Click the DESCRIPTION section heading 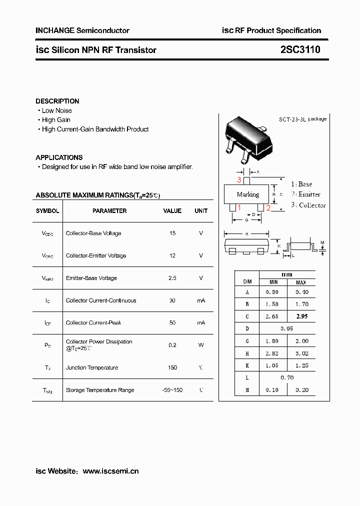click(57, 101)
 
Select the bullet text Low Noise click(56, 110)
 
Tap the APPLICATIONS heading click(59, 157)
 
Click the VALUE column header click(172, 211)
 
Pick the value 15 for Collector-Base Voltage click(172, 233)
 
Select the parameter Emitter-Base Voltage click(91, 278)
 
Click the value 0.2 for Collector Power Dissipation click(172, 345)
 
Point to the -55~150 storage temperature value click(172, 390)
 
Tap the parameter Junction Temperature click(92, 367)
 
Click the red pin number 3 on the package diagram click(239, 180)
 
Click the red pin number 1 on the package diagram click(239, 208)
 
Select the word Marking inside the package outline click(248, 194)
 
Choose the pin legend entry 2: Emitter click(305, 194)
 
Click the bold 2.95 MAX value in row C click(301, 316)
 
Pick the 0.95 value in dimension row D click(287, 329)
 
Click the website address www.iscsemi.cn click(110, 471)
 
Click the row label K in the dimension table click(246, 366)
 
